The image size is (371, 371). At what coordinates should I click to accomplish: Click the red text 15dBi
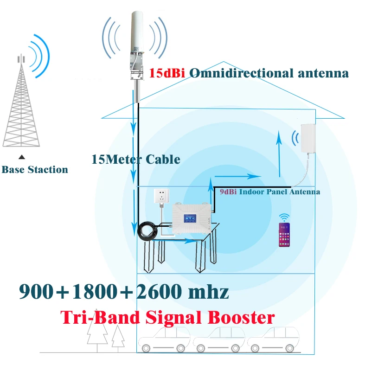(167, 73)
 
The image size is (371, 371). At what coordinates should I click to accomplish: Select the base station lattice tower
(20, 107)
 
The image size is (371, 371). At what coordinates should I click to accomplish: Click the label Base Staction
(35, 170)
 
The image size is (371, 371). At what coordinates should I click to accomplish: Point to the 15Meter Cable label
(136, 159)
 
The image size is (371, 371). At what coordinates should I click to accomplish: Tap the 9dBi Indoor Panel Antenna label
(269, 192)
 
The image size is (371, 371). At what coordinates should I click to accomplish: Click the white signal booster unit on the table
(192, 221)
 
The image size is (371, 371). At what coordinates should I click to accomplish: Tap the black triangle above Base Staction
(20, 158)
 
